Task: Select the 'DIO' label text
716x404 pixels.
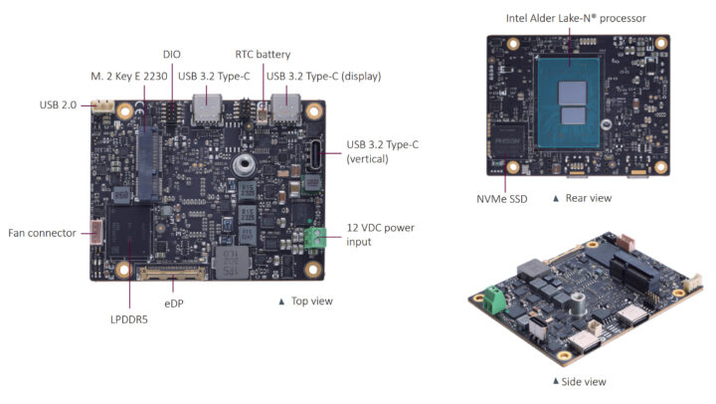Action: tap(171, 54)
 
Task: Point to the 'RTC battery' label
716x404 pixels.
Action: tap(263, 54)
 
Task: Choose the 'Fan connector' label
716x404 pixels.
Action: tap(42, 233)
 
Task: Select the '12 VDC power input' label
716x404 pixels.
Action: tap(380, 234)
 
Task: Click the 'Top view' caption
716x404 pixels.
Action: tap(310, 301)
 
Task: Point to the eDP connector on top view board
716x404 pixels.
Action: tap(176, 271)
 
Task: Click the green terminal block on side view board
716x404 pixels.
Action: tap(494, 298)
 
